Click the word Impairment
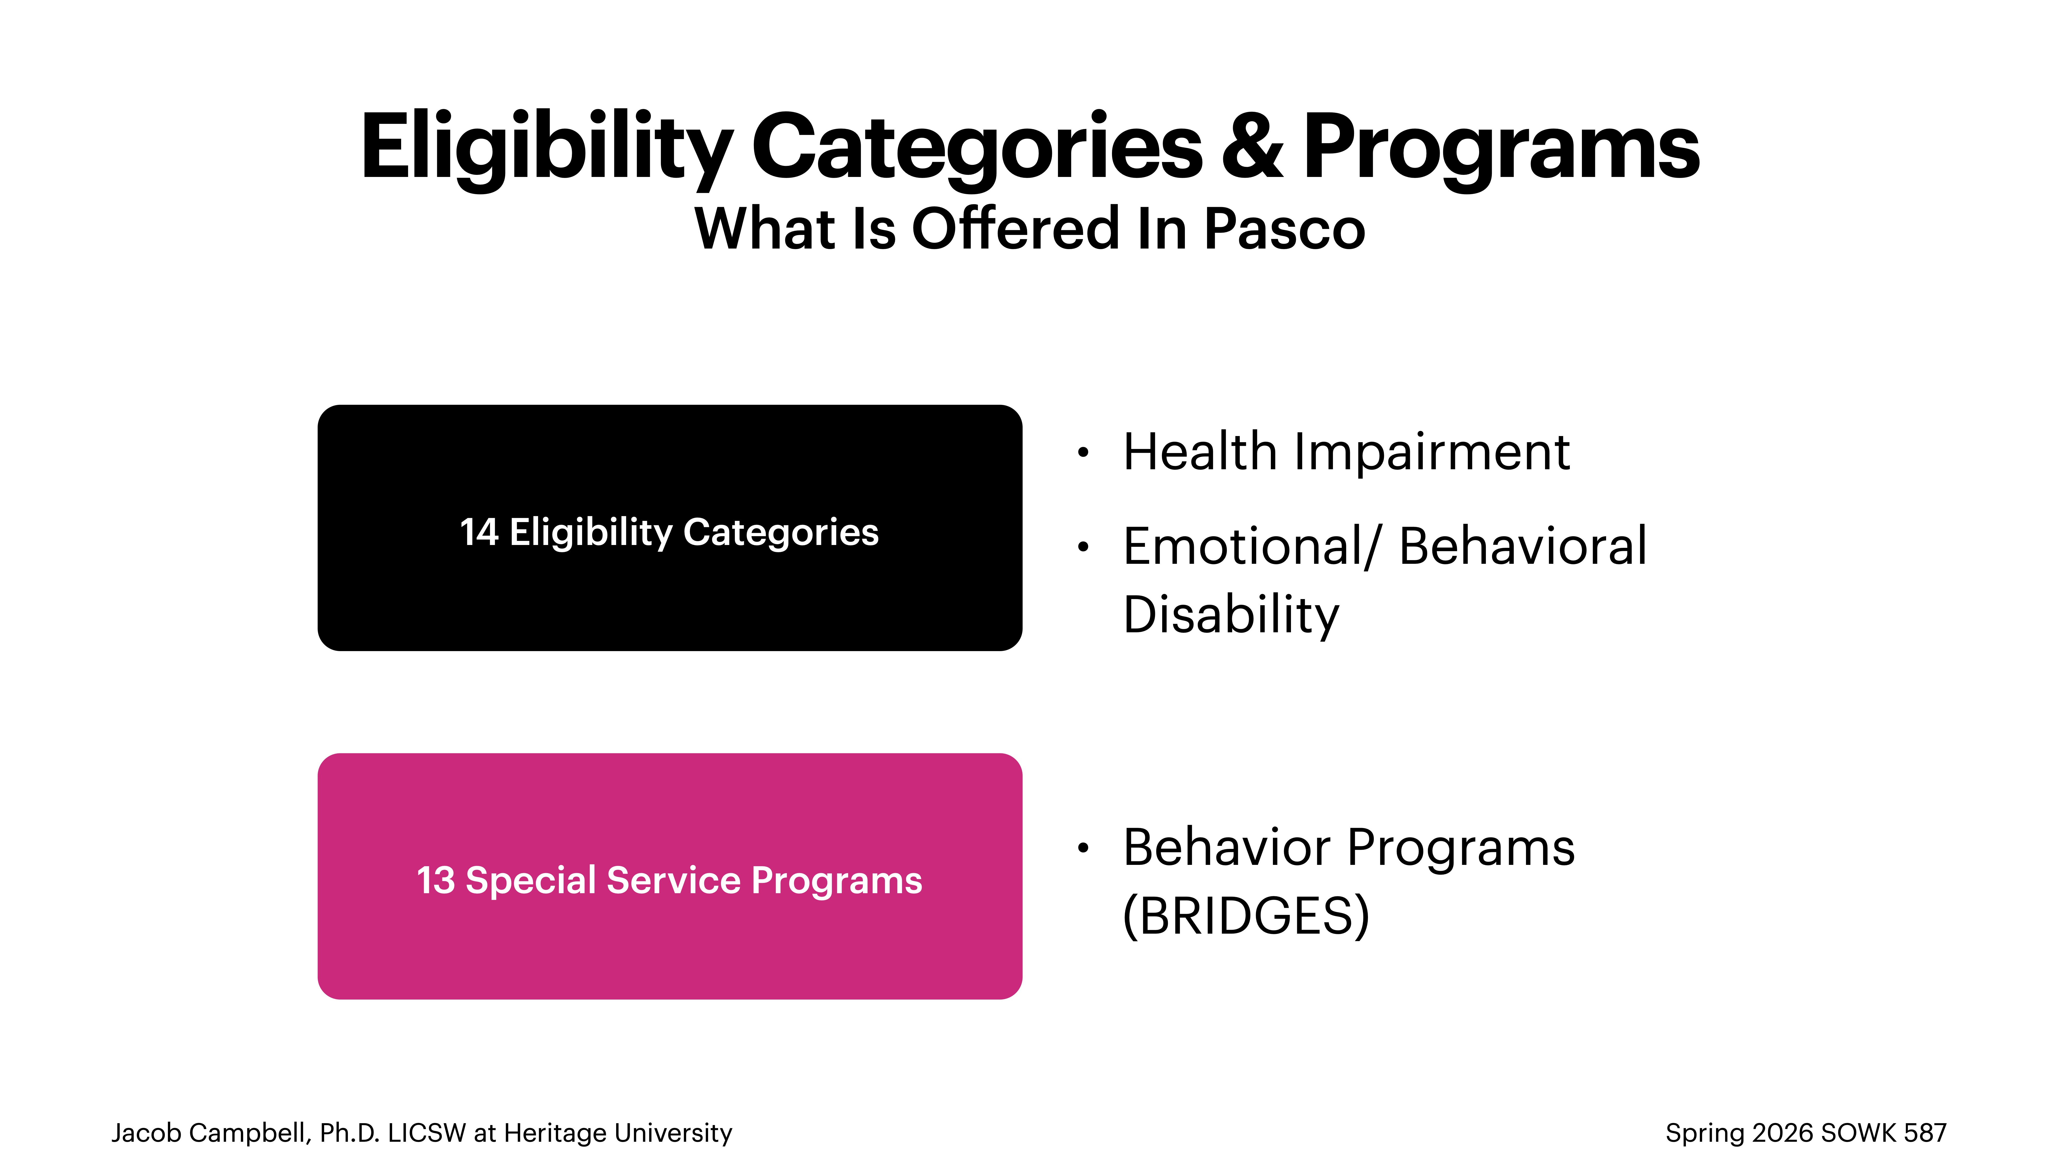pos(1432,453)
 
